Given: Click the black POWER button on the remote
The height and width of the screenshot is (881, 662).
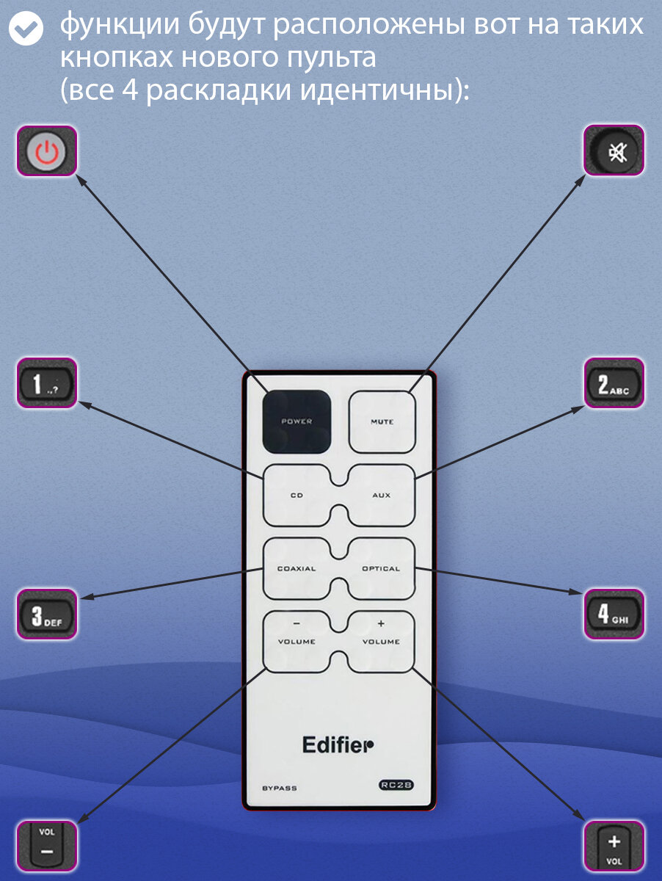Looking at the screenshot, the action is (297, 421).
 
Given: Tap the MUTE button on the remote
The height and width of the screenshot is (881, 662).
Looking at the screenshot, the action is (382, 422).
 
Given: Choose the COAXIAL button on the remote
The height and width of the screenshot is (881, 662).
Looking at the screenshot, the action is (297, 569).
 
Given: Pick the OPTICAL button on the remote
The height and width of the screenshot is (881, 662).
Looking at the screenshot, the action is (381, 569).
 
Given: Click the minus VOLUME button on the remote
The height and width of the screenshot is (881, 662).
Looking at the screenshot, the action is (297, 642).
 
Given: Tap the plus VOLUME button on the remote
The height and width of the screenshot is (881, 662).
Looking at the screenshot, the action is (381, 642).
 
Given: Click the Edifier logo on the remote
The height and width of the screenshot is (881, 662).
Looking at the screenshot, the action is (338, 745).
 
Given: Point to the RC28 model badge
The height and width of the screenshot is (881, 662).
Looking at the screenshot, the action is (396, 785).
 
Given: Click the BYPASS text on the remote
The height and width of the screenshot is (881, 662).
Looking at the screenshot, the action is (280, 788).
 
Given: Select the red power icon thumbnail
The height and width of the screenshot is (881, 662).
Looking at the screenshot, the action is (47, 151).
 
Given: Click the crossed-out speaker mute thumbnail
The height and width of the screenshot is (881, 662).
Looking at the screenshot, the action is (614, 151).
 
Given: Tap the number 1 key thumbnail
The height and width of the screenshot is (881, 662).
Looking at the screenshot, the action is (47, 383).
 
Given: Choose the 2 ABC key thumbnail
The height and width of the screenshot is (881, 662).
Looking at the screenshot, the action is (614, 383).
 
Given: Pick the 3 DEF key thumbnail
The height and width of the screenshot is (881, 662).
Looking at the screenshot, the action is (47, 614).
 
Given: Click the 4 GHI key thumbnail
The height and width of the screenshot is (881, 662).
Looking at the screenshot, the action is (614, 614).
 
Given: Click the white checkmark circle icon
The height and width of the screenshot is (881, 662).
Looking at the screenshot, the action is (26, 27).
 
